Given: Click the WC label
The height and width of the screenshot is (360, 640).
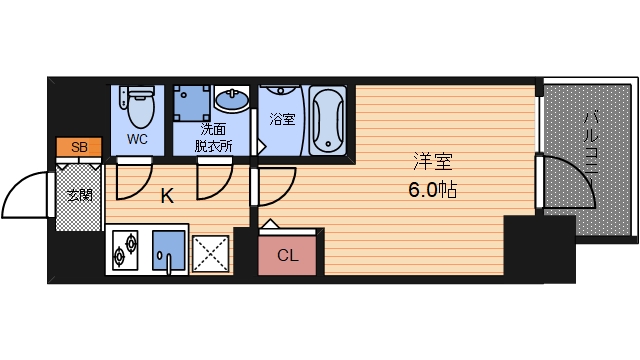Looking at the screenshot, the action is (x=137, y=139).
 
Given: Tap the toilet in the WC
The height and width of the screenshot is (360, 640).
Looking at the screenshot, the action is (x=138, y=106).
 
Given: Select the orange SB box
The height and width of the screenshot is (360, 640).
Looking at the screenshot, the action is (x=79, y=147).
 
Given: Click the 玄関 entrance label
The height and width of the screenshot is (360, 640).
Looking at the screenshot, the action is (x=80, y=195).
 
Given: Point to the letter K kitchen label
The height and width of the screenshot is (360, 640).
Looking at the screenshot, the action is (x=167, y=196).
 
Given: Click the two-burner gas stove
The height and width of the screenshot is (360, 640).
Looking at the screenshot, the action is (x=125, y=250).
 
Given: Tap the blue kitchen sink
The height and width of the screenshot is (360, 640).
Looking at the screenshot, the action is (x=169, y=250).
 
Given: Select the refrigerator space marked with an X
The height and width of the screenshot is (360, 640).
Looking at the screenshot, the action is (x=211, y=253).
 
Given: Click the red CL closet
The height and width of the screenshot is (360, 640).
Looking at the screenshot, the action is (x=287, y=255).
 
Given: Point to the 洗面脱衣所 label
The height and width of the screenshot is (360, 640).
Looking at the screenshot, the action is (x=213, y=138).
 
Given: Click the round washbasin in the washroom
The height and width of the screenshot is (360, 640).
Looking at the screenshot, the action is (x=232, y=100).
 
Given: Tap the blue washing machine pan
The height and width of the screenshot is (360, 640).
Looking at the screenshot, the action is (x=192, y=103).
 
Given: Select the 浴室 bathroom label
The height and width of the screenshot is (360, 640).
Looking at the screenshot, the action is (x=282, y=119).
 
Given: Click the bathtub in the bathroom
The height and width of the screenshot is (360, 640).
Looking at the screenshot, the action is (x=327, y=120).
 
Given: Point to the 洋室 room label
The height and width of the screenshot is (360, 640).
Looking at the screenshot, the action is (x=433, y=161).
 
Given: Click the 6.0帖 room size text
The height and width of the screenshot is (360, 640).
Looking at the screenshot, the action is (x=433, y=190).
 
